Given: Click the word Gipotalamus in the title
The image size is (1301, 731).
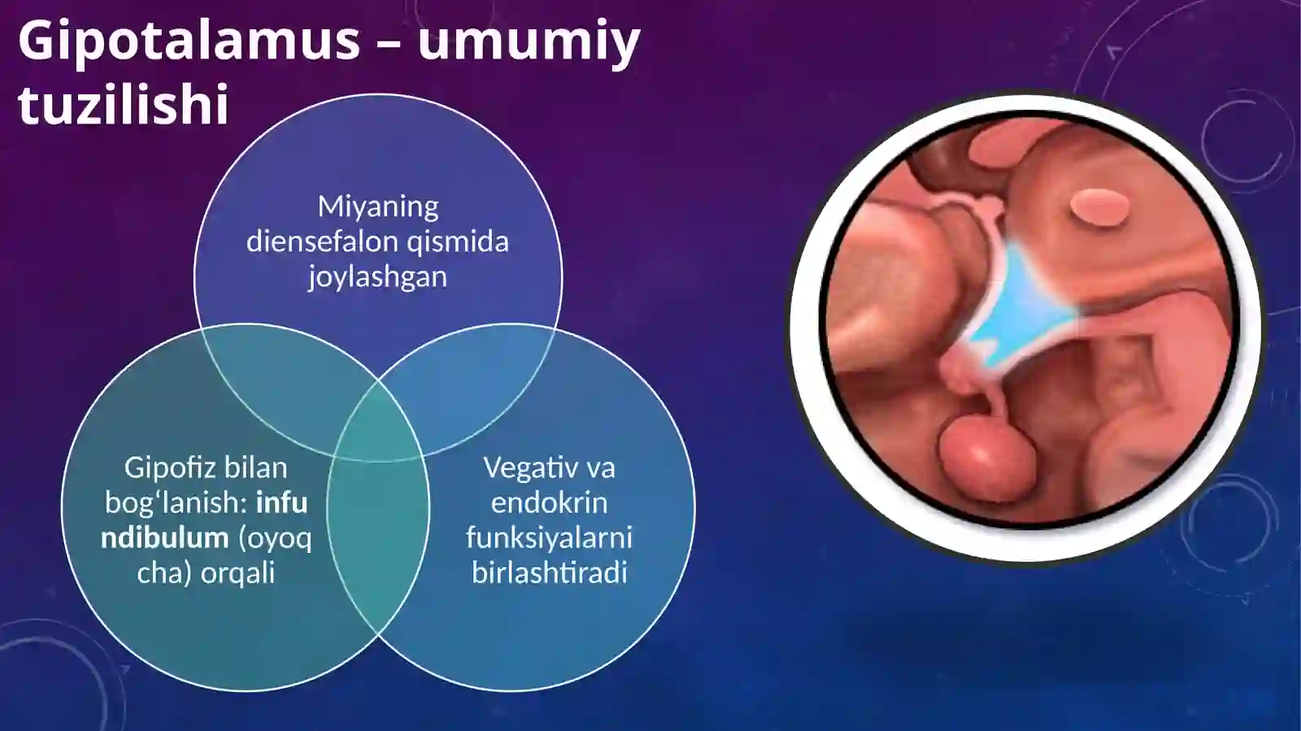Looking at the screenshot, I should point(189,41).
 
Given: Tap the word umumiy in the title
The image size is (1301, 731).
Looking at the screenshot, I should point(529,41).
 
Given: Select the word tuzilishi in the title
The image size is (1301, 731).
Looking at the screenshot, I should point(124,105).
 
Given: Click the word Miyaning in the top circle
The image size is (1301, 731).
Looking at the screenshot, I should point(378,207).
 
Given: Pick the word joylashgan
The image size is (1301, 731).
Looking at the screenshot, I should point(377,276).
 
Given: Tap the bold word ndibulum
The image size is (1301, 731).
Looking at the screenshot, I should point(164,537).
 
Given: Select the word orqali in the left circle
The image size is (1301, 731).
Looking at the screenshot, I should point(237,572).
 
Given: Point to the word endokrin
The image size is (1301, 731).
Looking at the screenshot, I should point(549,503).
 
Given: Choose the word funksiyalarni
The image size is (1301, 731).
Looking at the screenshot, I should point(549,537).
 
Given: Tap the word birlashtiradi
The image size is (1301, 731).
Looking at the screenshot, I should point(549,572).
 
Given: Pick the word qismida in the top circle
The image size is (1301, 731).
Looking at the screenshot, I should point(471,241).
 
